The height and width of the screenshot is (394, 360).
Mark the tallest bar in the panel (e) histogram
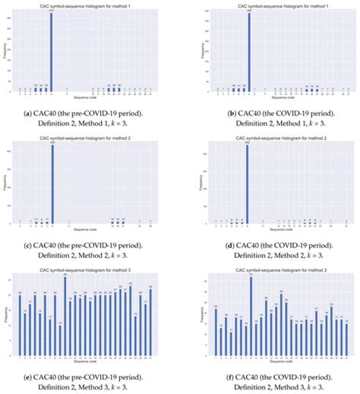click(65, 318)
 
